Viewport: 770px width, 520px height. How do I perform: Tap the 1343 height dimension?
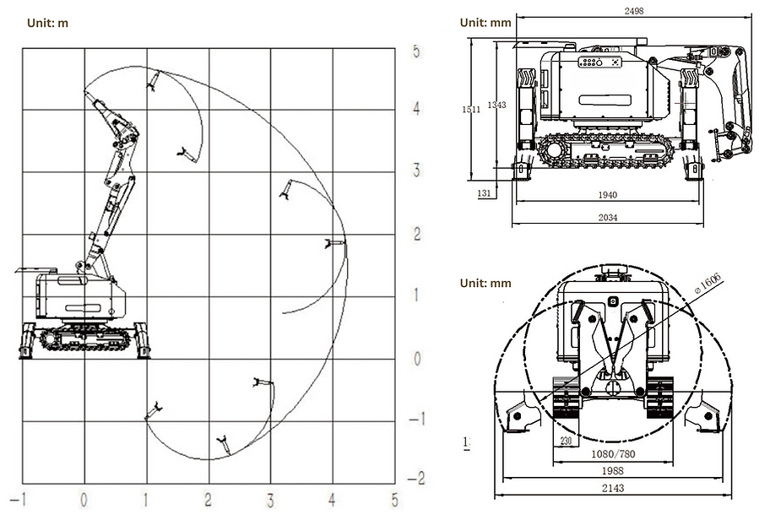(x=497, y=105)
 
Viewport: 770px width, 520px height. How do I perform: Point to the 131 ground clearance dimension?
(x=484, y=193)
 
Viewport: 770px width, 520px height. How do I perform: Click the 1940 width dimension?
(x=606, y=195)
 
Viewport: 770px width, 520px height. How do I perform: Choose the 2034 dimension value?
(x=606, y=218)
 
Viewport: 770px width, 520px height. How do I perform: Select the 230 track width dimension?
(x=565, y=440)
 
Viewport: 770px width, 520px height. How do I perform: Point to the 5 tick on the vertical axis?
(x=416, y=50)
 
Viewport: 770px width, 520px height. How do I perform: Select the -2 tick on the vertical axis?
(x=415, y=478)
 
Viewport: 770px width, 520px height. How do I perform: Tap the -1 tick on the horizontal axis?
(x=22, y=499)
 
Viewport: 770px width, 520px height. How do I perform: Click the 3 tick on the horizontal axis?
(x=270, y=499)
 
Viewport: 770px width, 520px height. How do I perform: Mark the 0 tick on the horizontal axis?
(x=84, y=499)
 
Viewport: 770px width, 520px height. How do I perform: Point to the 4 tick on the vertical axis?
(x=416, y=109)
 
